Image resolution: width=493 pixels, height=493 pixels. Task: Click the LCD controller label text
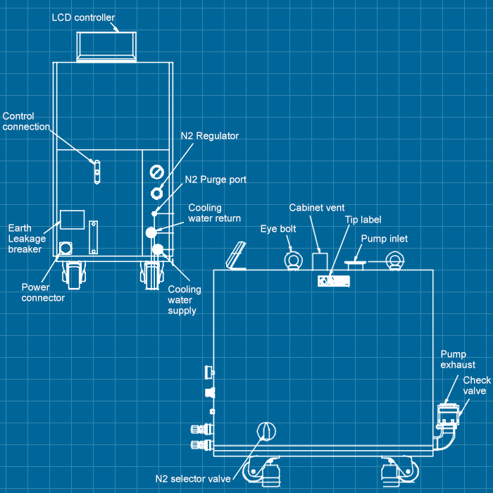pyautogui.click(x=83, y=17)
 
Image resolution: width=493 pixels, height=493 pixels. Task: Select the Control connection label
pyautogui.click(x=26, y=122)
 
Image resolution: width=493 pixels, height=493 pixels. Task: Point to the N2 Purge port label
pyautogui.click(x=216, y=180)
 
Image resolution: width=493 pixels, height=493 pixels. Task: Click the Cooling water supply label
pyautogui.click(x=184, y=300)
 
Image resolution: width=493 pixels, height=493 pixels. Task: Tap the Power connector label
pyautogui.click(x=43, y=292)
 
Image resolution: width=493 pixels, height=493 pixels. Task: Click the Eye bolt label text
pyautogui.click(x=278, y=229)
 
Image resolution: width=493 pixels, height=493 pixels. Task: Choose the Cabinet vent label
pyautogui.click(x=317, y=208)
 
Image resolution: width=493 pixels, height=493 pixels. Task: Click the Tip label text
pyautogui.click(x=363, y=220)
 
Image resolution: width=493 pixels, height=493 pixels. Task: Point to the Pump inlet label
pyautogui.click(x=385, y=239)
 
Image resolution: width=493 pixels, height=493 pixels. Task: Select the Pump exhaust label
pyautogui.click(x=458, y=359)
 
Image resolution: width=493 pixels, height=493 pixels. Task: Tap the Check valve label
pyautogui.click(x=477, y=385)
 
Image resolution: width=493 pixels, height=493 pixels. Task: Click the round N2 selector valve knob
pyautogui.click(x=266, y=431)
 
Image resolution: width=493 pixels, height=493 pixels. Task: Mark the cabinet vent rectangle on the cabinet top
pyautogui.click(x=320, y=263)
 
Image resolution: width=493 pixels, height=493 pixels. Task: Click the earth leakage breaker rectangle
pyautogui.click(x=72, y=220)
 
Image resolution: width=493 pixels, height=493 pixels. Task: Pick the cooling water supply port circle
pyautogui.click(x=158, y=249)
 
